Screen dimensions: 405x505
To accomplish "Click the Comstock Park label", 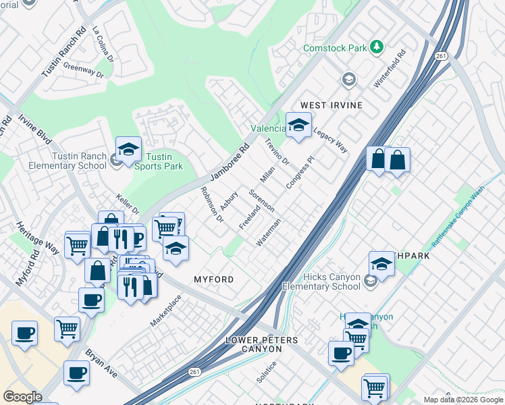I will point(334,48).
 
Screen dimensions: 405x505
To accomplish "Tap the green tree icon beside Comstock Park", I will point(377,47).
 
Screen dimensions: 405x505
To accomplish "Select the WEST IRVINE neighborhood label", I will point(331,105).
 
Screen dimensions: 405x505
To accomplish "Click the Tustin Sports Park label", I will point(159,161).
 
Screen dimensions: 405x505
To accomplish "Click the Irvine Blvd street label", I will point(34,128).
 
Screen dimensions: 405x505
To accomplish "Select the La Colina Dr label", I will point(103,45).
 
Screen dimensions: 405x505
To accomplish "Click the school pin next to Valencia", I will point(298,125).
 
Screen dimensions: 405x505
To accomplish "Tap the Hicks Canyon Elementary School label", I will point(321,281).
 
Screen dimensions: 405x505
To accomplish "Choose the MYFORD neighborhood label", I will point(214,279).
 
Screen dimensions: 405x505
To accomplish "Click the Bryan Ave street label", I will point(101,362).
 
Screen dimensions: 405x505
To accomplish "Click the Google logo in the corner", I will point(22,396).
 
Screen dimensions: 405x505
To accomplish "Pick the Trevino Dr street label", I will point(277,153).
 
